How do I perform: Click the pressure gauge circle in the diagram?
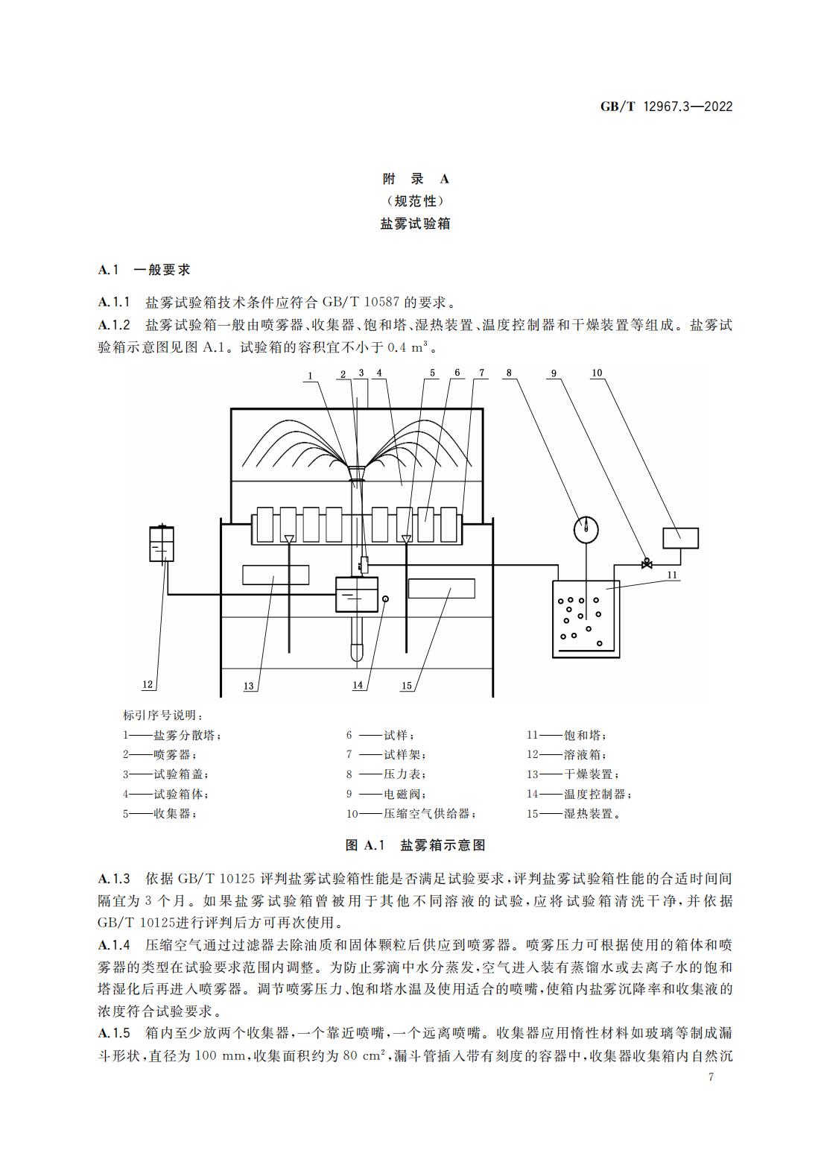(586, 530)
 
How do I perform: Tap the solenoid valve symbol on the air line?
(647, 563)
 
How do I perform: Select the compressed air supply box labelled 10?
(681, 538)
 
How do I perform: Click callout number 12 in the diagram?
(148, 684)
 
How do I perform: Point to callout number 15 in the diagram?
(406, 686)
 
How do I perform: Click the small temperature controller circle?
(385, 599)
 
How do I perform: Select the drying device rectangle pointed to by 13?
(276, 575)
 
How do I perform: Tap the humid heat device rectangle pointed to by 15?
(441, 588)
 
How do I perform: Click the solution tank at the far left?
(162, 543)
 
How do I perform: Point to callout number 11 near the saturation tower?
(672, 575)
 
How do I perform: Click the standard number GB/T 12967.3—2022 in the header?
(667, 107)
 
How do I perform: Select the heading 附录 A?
(416, 179)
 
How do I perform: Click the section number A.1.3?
(114, 878)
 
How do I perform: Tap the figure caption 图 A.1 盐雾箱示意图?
(416, 845)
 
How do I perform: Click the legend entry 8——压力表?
(387, 774)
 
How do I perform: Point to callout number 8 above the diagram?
(509, 373)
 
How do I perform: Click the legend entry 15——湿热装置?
(574, 813)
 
